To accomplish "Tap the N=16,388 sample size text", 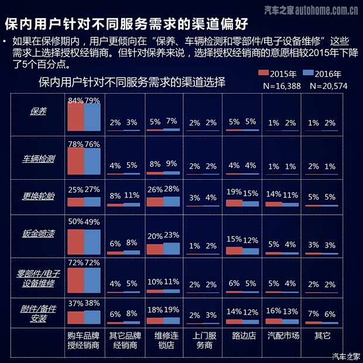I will pyautogui.click(x=282, y=85).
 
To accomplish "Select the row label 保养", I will pyautogui.click(x=38, y=112).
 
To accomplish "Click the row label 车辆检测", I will pyautogui.click(x=38, y=158).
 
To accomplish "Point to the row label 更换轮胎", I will pyautogui.click(x=38, y=196).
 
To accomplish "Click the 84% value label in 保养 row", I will pyautogui.click(x=76, y=100).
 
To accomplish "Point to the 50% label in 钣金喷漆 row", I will pyautogui.click(x=76, y=221).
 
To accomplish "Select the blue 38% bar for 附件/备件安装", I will pyautogui.click(x=93, y=317).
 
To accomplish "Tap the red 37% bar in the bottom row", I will pyautogui.click(x=76, y=317).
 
